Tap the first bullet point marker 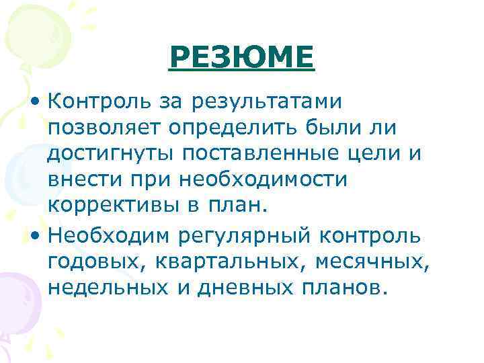[35, 103]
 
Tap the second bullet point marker [35, 236]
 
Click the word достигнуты [110, 154]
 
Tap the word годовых [91, 261]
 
